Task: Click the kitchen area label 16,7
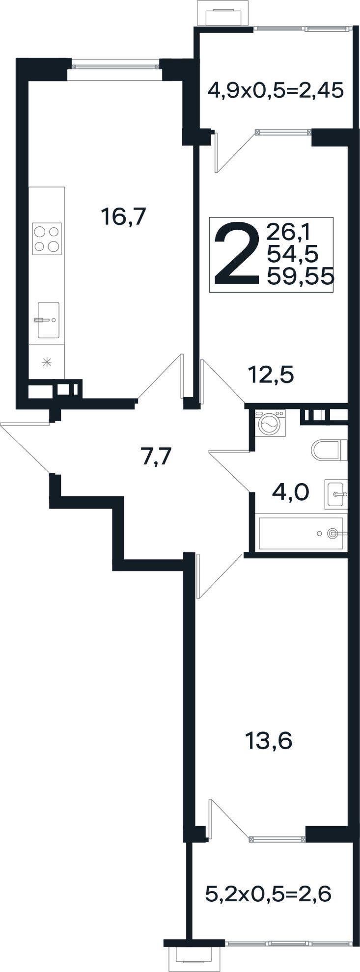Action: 123,216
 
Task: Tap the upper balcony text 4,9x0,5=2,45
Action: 275,90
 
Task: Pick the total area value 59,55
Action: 300,277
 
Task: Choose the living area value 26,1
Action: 292,231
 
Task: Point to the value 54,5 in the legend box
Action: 292,254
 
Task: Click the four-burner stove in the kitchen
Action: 47,239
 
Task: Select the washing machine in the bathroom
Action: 270,422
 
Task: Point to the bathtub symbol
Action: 302,533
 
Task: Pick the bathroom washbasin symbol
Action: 336,494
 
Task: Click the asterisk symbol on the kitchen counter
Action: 47,363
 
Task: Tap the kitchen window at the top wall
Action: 116,63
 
